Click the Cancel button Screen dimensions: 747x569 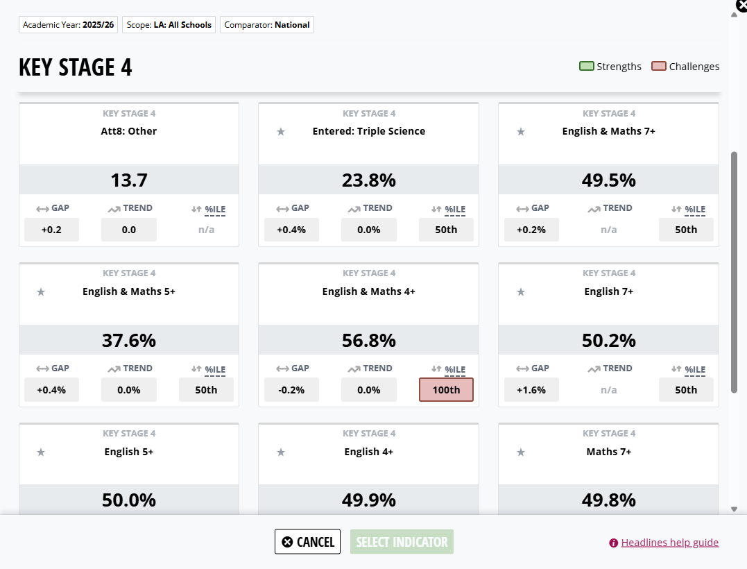pyautogui.click(x=307, y=541)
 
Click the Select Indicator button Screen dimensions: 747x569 pyautogui.click(x=402, y=541)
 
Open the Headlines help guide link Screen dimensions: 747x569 pyautogui.click(x=669, y=543)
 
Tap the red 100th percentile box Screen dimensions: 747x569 pyautogui.click(x=446, y=390)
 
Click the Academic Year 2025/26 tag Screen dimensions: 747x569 pyautogui.click(x=69, y=25)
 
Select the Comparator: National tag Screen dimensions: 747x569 pyautogui.click(x=267, y=25)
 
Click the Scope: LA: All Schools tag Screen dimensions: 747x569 pyautogui.click(x=169, y=25)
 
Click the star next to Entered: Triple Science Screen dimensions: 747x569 pyautogui.click(x=281, y=132)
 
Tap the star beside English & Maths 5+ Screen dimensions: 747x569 pyautogui.click(x=41, y=291)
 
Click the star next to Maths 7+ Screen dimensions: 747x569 pyautogui.click(x=521, y=452)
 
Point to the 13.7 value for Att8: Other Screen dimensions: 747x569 pyautogui.click(x=128, y=180)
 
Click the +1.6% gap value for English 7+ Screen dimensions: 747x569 pyautogui.click(x=531, y=390)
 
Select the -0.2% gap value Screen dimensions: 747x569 pyautogui.click(x=291, y=390)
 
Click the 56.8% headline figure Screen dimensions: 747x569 pyautogui.click(x=369, y=340)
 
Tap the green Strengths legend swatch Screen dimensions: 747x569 pyautogui.click(x=587, y=66)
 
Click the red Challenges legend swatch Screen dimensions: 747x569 pyautogui.click(x=658, y=66)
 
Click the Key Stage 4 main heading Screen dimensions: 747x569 pyautogui.click(x=76, y=67)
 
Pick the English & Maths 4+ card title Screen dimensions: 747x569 pyautogui.click(x=369, y=291)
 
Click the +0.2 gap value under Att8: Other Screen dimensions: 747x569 pyautogui.click(x=51, y=230)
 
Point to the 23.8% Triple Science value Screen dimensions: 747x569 pyautogui.click(x=369, y=180)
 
